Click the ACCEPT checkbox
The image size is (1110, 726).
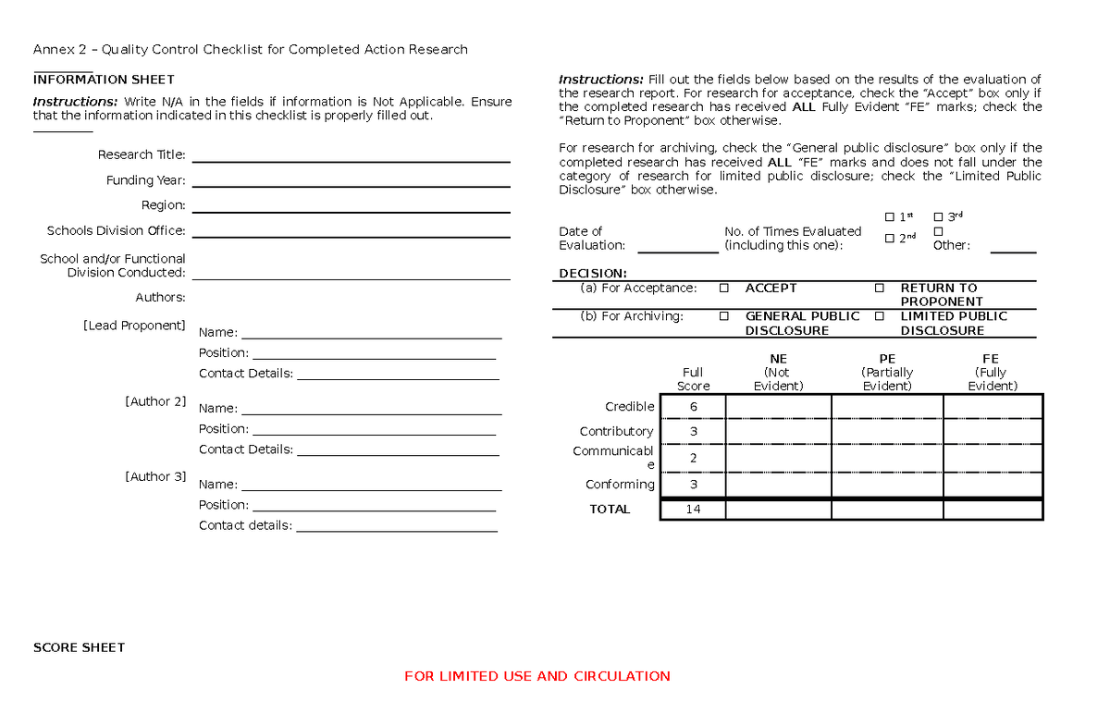pyautogui.click(x=723, y=289)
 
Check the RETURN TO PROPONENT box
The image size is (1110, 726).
pyautogui.click(x=880, y=289)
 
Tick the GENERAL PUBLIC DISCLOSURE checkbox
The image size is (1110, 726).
pyautogui.click(x=723, y=316)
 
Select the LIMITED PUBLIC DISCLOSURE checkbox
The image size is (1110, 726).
pyautogui.click(x=880, y=316)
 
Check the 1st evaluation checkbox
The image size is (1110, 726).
pyautogui.click(x=890, y=217)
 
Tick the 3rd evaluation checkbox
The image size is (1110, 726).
pyautogui.click(x=939, y=217)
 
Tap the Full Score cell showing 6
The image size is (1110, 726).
pyautogui.click(x=693, y=407)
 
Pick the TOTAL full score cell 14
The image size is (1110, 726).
pyautogui.click(x=693, y=510)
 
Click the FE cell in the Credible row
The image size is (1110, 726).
pyautogui.click(x=993, y=407)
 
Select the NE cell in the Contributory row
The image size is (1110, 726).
pyautogui.click(x=778, y=432)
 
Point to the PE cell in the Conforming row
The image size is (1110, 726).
pyautogui.click(x=887, y=485)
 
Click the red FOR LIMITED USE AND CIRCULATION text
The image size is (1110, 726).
pyautogui.click(x=536, y=676)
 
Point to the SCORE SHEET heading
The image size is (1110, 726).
pyautogui.click(x=79, y=647)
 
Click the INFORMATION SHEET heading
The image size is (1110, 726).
pyautogui.click(x=104, y=80)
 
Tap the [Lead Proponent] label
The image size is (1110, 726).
pyautogui.click(x=134, y=326)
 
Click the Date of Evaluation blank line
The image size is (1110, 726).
pyautogui.click(x=678, y=250)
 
